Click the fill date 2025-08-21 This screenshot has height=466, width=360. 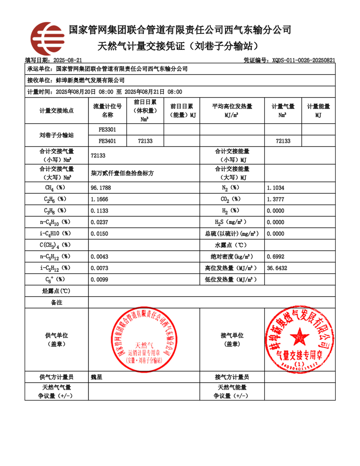coord(67,60)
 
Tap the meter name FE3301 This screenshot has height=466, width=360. coord(108,130)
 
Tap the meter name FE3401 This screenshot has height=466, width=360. coord(108,141)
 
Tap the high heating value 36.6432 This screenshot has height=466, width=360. coord(277,267)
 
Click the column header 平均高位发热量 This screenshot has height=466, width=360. coord(232,106)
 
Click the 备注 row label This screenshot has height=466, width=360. coord(57,303)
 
